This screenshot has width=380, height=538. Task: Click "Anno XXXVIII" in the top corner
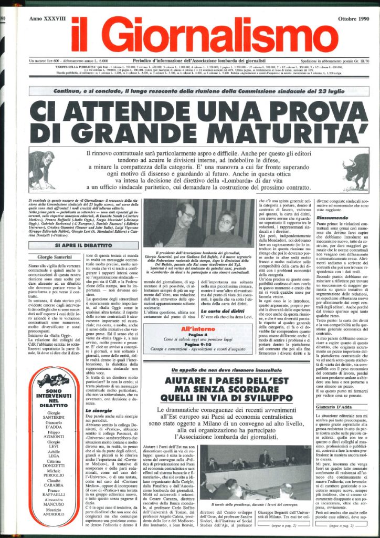click(49, 19)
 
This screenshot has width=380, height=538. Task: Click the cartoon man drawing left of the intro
click(43, 169)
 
